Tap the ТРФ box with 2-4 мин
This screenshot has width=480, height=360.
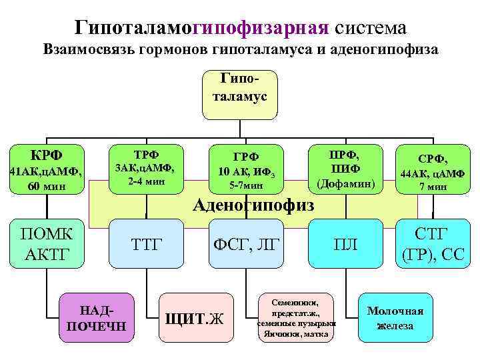tap(146, 166)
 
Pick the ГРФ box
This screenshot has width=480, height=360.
tap(245, 168)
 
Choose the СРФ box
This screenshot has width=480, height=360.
tap(433, 168)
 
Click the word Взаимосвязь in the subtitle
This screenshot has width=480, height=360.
tap(87, 50)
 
